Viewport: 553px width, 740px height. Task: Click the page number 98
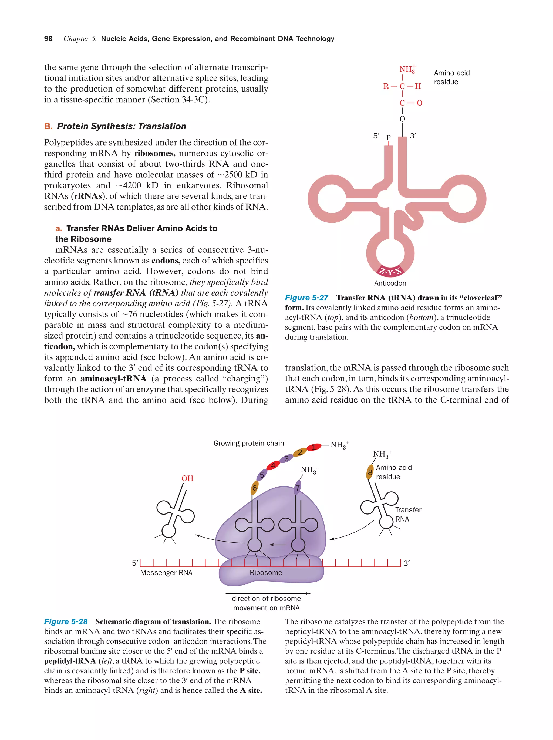coord(48,39)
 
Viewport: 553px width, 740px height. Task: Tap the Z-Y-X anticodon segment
coord(390,271)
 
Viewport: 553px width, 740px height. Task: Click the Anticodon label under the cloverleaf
coord(390,283)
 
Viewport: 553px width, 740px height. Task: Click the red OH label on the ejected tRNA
coord(187,478)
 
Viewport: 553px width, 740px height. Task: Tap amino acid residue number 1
coord(313,447)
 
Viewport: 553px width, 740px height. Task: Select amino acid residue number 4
coord(273,465)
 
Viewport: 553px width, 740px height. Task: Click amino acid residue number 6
coord(255,488)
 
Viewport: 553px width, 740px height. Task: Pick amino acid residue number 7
coord(297,488)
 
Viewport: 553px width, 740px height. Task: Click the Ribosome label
coord(266,572)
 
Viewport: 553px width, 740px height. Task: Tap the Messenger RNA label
coord(166,572)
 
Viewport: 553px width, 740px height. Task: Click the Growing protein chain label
coord(249,443)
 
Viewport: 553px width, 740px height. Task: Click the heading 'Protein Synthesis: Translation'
coord(121,126)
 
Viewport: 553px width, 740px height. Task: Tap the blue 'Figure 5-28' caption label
coord(66,621)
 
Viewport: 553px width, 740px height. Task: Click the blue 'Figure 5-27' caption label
coord(306,298)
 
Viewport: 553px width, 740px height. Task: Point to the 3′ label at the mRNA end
coord(406,563)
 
